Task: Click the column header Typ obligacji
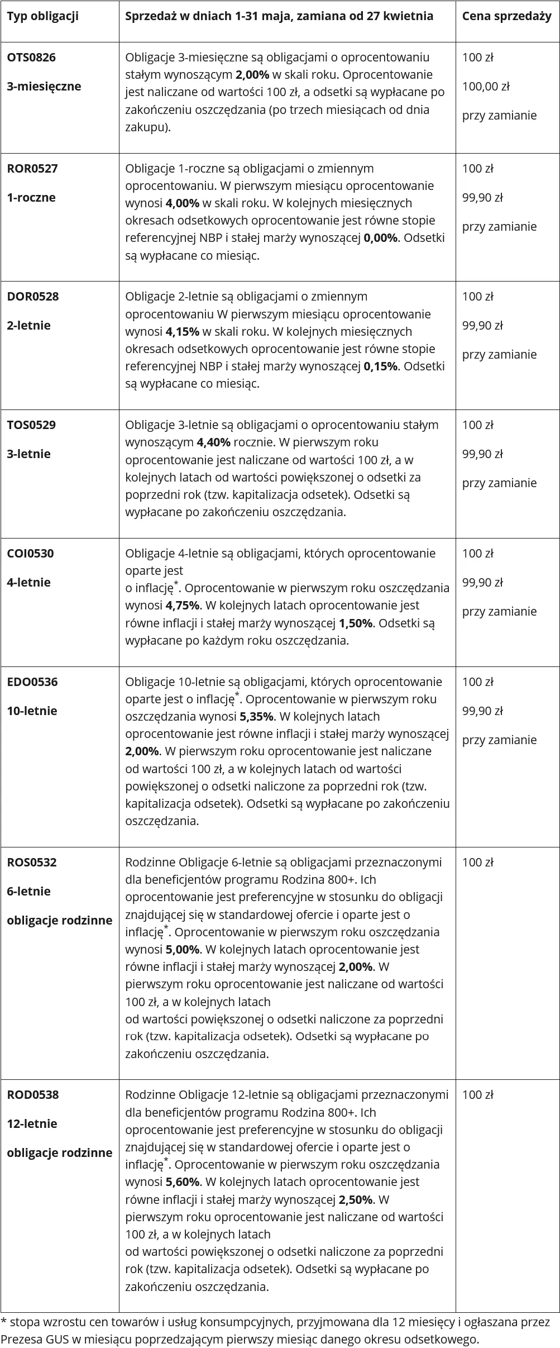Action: click(x=42, y=16)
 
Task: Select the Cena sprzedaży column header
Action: click(x=506, y=16)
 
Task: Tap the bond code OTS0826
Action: click(x=31, y=58)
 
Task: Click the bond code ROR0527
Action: click(x=32, y=169)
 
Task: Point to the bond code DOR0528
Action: click(x=32, y=297)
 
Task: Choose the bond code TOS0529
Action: click(x=31, y=425)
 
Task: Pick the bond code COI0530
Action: click(x=30, y=554)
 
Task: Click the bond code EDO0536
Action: click(x=32, y=682)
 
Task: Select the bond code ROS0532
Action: click(x=32, y=863)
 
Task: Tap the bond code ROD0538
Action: click(x=32, y=1095)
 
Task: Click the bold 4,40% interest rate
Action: click(x=213, y=443)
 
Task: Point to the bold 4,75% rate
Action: click(x=183, y=606)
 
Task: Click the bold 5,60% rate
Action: click(x=183, y=1182)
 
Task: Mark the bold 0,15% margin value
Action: click(x=381, y=366)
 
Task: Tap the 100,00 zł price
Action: click(x=486, y=87)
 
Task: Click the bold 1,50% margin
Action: click(x=356, y=623)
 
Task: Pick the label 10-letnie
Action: click(x=32, y=711)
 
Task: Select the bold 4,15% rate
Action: click(x=183, y=332)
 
